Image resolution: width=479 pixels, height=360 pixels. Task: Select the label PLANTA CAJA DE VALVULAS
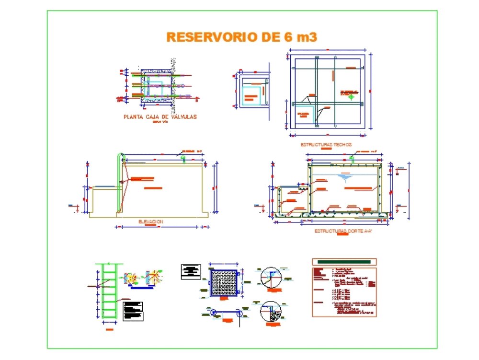click(x=160, y=116)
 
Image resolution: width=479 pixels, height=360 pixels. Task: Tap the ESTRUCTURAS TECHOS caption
click(x=326, y=144)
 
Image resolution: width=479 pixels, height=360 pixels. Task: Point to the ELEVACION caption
click(x=150, y=221)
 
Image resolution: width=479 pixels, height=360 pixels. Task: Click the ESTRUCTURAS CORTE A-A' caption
click(x=343, y=231)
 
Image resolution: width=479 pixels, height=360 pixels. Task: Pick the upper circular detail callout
click(x=272, y=278)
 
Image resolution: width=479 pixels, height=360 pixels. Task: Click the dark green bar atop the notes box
click(x=344, y=262)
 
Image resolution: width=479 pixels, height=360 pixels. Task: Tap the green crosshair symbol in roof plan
click(x=351, y=97)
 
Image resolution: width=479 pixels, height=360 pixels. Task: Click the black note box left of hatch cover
click(x=191, y=271)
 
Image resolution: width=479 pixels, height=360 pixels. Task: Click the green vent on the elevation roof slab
click(x=183, y=158)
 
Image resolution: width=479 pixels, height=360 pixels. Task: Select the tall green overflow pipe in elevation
click(x=118, y=182)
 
